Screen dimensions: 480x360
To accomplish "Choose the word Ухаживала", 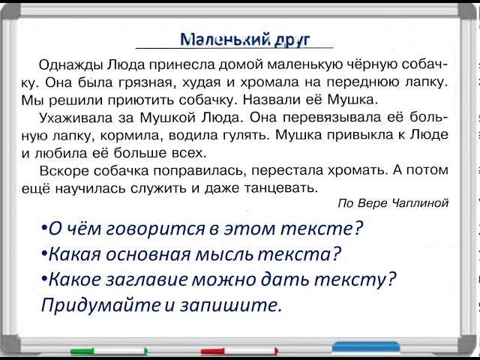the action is (x=76, y=118).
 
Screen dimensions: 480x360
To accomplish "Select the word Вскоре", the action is (x=64, y=170).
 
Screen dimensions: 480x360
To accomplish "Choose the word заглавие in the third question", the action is (x=147, y=280).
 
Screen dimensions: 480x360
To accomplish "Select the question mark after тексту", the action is (x=391, y=278).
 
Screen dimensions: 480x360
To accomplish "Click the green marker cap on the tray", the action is (x=82, y=352).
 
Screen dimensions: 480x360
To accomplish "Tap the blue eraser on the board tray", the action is (x=366, y=347).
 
